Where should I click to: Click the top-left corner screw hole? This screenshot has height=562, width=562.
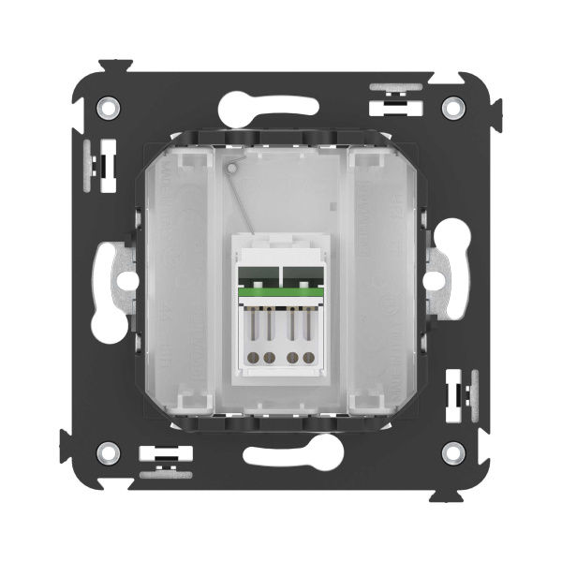coord(110,107)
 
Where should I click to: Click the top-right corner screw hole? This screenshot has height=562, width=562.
coord(453,107)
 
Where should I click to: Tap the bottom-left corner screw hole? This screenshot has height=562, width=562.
coord(110,453)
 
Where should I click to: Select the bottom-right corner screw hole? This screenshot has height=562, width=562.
coord(453,453)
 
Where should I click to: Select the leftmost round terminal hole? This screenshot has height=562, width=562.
coord(251,357)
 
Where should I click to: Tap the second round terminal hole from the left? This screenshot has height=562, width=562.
coord(271,357)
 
